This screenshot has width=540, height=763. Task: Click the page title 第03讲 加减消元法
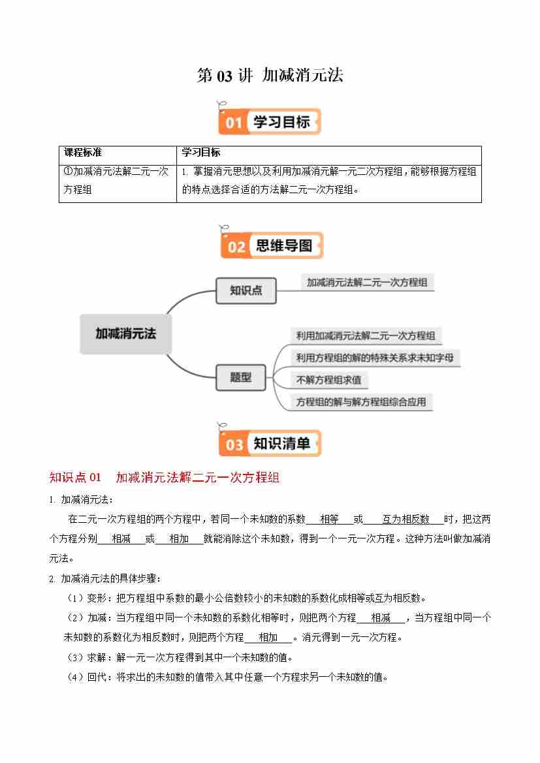pyautogui.click(x=270, y=76)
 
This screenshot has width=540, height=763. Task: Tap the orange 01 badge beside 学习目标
pyautogui.click(x=234, y=123)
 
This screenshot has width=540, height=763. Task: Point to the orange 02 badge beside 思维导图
pyautogui.click(x=236, y=247)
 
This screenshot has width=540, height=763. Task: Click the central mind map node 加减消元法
pyautogui.click(x=125, y=334)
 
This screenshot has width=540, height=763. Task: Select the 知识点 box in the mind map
pyautogui.click(x=246, y=290)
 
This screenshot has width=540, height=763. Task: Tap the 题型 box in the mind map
pyautogui.click(x=240, y=377)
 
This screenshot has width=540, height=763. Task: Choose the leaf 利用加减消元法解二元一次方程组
pyautogui.click(x=365, y=336)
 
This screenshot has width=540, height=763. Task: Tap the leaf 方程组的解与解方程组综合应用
pyautogui.click(x=360, y=401)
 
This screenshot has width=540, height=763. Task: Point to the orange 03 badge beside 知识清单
pyautogui.click(x=234, y=444)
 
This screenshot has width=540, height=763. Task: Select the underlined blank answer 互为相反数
pyautogui.click(x=405, y=520)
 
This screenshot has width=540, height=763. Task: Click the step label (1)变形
pyautogui.click(x=88, y=598)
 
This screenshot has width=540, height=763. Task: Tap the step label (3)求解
pyautogui.click(x=88, y=657)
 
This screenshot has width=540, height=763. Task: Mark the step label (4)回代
pyautogui.click(x=88, y=677)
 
